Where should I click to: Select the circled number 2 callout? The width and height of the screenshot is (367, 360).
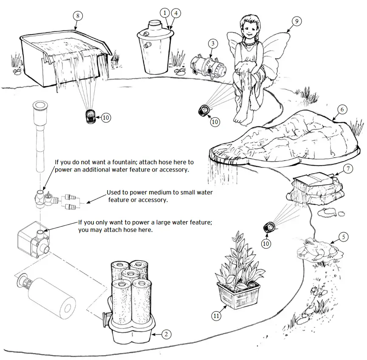(x=167, y=334)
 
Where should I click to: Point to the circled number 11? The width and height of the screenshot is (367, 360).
(x=217, y=315)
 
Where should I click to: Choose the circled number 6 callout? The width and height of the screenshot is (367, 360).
(x=341, y=109)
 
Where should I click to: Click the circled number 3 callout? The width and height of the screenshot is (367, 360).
(x=214, y=43)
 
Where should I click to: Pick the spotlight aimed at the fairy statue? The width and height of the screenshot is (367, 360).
(x=203, y=111)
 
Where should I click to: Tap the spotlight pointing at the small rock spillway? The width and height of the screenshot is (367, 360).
(x=268, y=227)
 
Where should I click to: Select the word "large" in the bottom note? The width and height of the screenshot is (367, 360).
(x=173, y=222)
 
